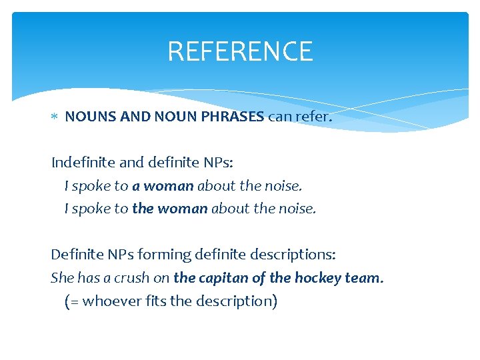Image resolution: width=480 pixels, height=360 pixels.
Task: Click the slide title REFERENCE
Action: click(x=240, y=51)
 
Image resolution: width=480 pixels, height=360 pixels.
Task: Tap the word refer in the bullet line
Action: click(x=313, y=117)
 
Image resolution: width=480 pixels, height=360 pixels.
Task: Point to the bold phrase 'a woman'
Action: click(x=163, y=186)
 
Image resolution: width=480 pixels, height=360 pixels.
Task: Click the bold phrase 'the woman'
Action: click(x=170, y=209)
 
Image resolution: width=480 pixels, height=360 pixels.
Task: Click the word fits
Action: click(x=155, y=301)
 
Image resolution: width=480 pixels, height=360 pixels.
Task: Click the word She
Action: click(x=63, y=277)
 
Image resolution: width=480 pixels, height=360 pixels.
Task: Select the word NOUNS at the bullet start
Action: click(x=91, y=117)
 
